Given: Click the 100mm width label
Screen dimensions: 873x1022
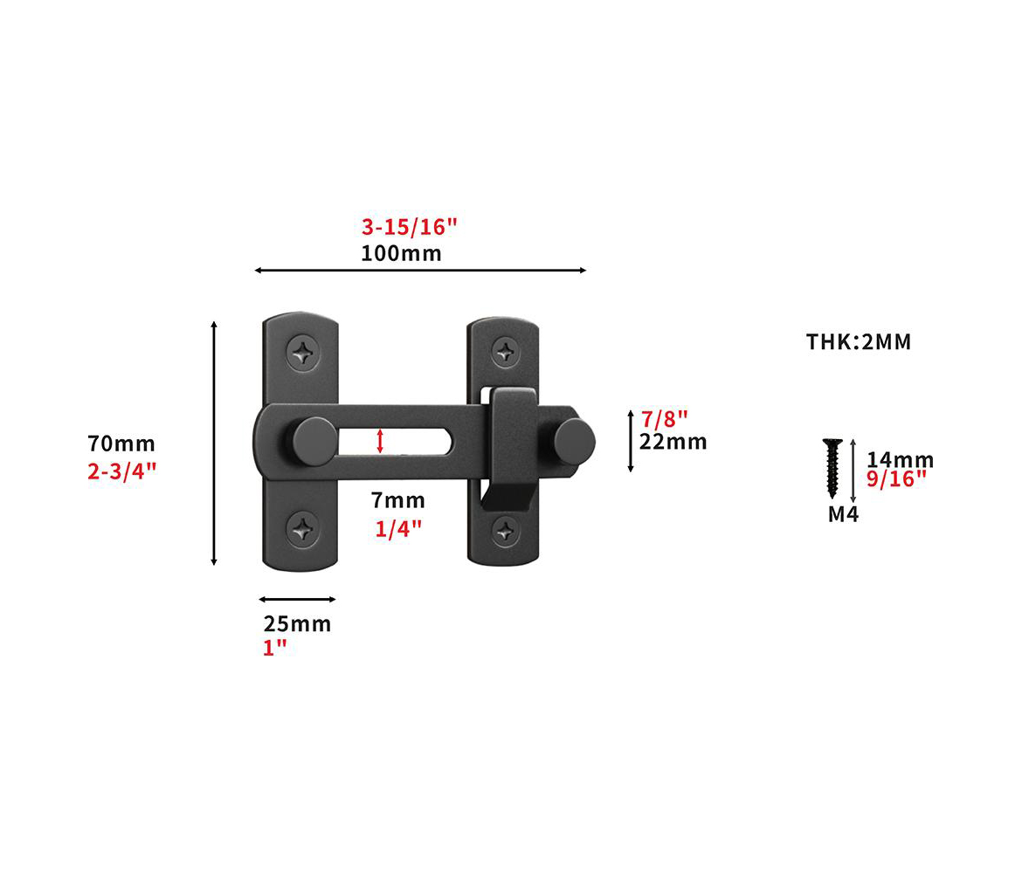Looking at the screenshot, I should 401,254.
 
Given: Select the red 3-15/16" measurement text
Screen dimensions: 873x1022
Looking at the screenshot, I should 410,228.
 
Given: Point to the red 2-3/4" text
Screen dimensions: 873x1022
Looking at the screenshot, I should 121,471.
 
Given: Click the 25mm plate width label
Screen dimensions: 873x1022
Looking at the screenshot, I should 297,624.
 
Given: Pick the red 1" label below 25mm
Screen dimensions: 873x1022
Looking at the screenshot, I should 274,648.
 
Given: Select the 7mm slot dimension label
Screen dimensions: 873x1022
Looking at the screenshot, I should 397,501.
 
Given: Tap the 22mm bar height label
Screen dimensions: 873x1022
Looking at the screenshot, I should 673,442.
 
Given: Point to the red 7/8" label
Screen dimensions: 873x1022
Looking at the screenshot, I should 665,418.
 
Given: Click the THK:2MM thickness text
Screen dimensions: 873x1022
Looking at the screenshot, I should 858,342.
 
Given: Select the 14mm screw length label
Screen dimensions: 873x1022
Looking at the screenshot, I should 900,460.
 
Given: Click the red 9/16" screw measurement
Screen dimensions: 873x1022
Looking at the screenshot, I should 896,480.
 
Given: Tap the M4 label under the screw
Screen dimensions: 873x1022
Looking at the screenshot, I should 843,515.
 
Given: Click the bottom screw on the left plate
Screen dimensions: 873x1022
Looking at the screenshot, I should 303,528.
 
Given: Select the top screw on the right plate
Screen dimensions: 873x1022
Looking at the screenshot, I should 505,352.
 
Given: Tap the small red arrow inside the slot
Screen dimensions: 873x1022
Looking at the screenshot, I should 379,442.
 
